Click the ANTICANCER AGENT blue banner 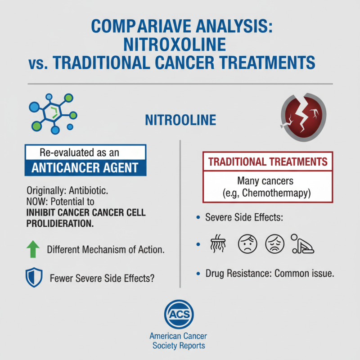click(x=85, y=168)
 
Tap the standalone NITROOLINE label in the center click(x=180, y=120)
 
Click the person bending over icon click(x=302, y=244)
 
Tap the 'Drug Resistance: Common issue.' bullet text click(x=269, y=273)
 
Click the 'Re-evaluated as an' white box click(x=85, y=152)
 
